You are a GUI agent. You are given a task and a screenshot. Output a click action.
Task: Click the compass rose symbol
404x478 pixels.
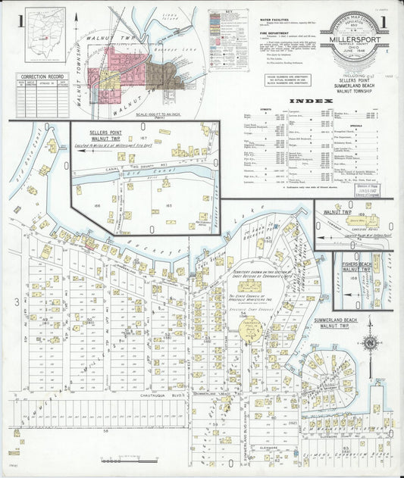[x=370, y=342]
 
